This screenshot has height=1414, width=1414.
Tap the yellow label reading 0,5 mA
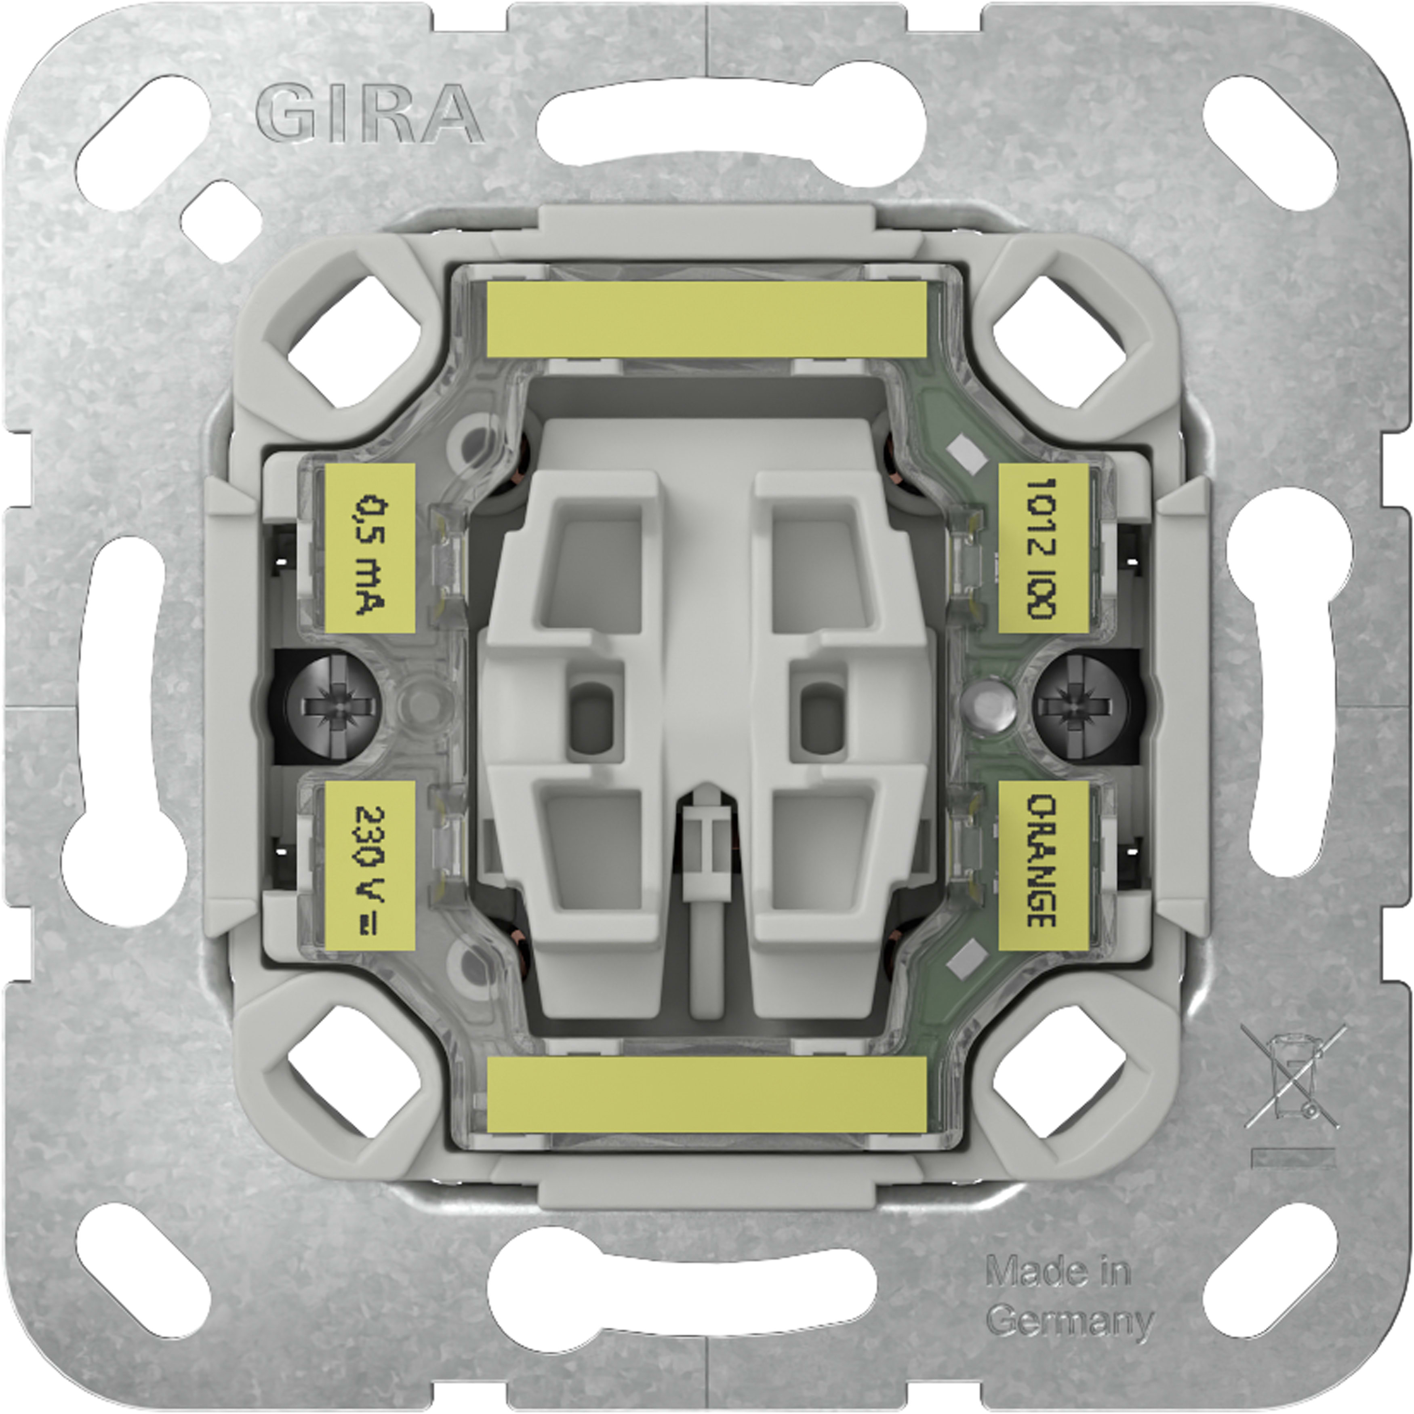tap(370, 547)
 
